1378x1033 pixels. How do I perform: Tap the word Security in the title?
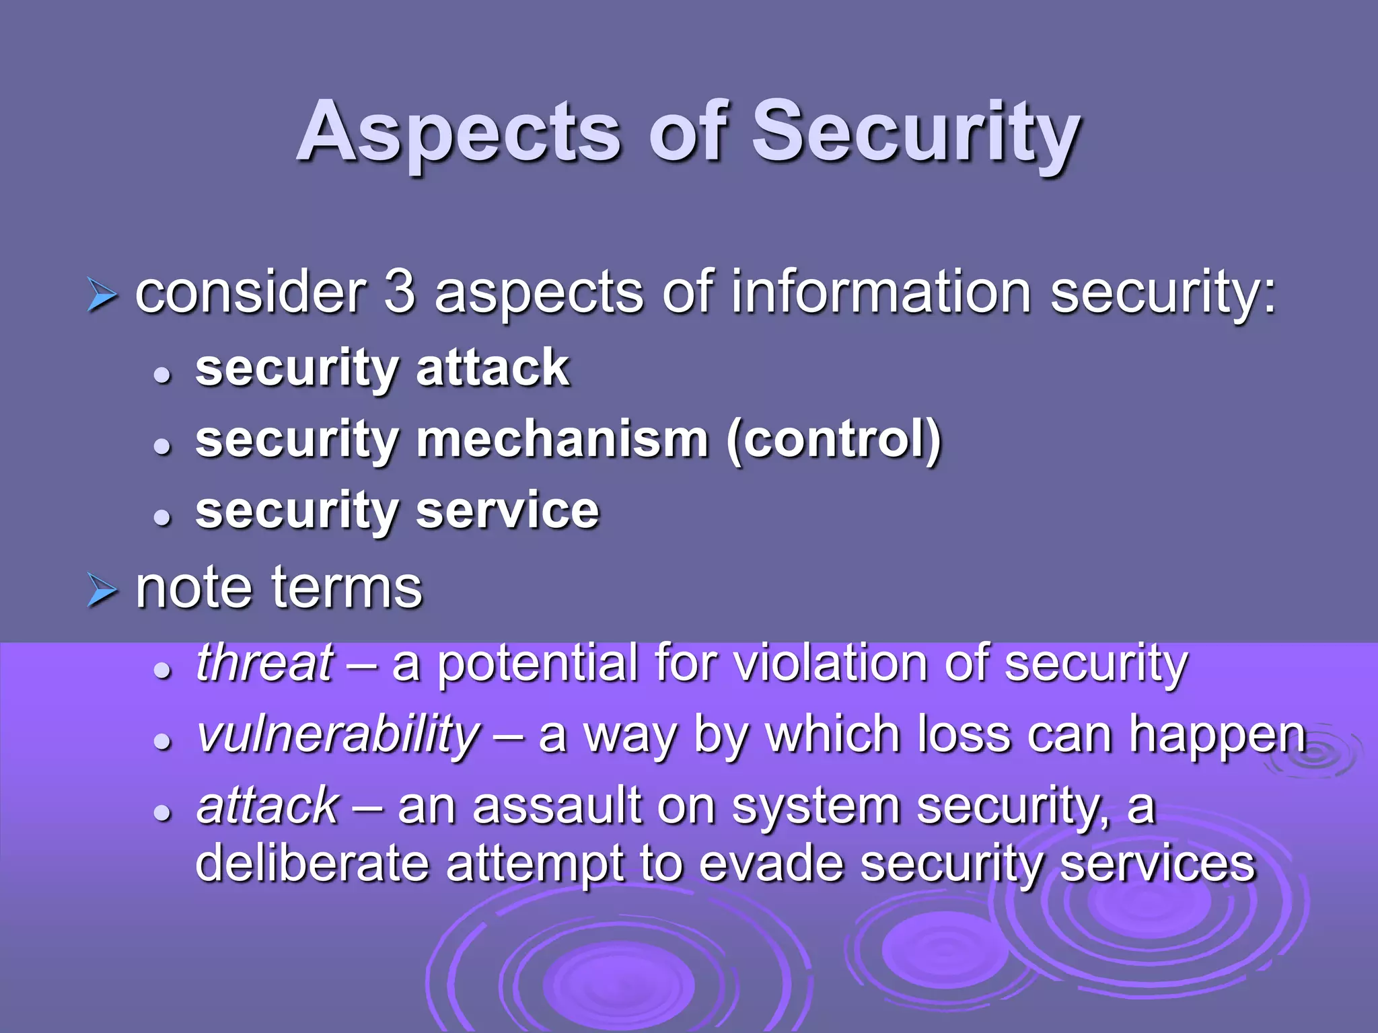pyautogui.click(x=915, y=133)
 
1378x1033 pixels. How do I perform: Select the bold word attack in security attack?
pyautogui.click(x=493, y=368)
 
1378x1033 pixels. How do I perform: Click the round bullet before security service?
pyautogui.click(x=162, y=517)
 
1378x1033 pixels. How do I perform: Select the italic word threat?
pyautogui.click(x=264, y=662)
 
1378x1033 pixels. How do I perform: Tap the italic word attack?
pyautogui.click(x=268, y=806)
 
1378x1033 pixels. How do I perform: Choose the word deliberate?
pyautogui.click(x=312, y=864)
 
